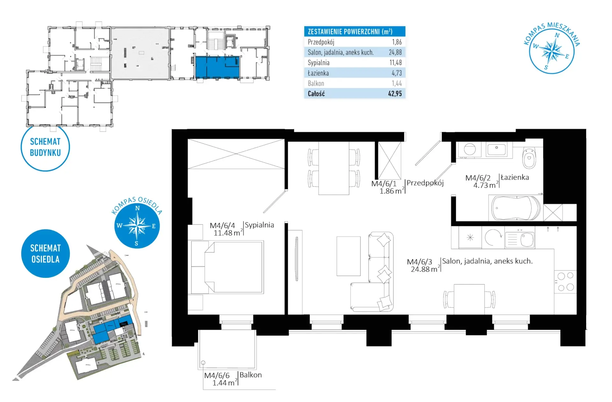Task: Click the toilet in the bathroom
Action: (x=529, y=158)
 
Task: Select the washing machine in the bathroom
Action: (x=470, y=150)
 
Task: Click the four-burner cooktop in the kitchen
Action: (x=565, y=281)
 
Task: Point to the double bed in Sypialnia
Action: (x=228, y=267)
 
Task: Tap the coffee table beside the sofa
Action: (x=348, y=256)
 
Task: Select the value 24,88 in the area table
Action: (x=395, y=52)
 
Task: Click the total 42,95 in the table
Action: (x=395, y=94)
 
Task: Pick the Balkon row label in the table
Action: (x=316, y=84)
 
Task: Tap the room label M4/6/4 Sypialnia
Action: (x=242, y=229)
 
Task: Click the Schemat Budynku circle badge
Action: (x=45, y=147)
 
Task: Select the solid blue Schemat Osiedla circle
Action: (x=45, y=253)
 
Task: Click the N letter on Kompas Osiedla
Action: (x=137, y=208)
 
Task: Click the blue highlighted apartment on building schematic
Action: (x=217, y=67)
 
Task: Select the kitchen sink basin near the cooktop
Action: (x=527, y=240)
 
